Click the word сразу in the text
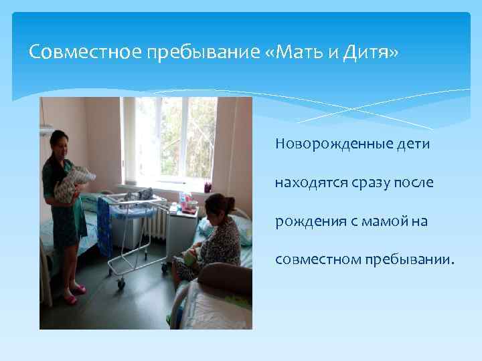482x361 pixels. (x=362, y=182)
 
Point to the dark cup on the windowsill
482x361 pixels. (x=208, y=187)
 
